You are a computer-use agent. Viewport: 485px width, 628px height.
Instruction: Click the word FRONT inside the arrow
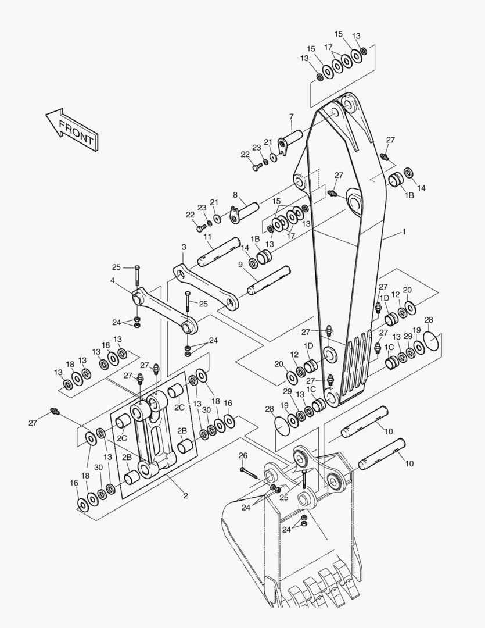pyautogui.click(x=77, y=131)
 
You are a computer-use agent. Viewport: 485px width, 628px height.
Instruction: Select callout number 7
pyautogui.click(x=292, y=116)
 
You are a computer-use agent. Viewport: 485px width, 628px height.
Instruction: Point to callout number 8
pyautogui.click(x=235, y=195)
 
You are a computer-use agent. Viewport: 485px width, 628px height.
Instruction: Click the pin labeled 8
pyautogui.click(x=244, y=211)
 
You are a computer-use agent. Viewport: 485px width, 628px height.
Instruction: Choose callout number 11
pyautogui.click(x=207, y=237)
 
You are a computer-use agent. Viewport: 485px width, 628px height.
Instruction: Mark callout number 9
pyautogui.click(x=240, y=265)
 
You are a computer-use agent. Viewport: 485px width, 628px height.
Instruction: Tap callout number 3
pyautogui.click(x=184, y=247)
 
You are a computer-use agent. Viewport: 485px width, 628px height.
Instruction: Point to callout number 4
pyautogui.click(x=113, y=281)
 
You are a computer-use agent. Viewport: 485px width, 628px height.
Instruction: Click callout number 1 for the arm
pyautogui.click(x=404, y=231)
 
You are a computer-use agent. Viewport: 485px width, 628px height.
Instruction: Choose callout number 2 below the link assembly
pyautogui.click(x=186, y=495)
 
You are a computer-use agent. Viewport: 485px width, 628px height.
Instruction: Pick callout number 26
pyautogui.click(x=243, y=455)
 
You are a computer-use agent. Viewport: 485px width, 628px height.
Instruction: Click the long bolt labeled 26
pyautogui.click(x=249, y=473)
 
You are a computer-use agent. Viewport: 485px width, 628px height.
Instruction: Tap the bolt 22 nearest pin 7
pyautogui.click(x=257, y=166)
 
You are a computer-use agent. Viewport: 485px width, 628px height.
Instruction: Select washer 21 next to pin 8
pyautogui.click(x=217, y=219)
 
